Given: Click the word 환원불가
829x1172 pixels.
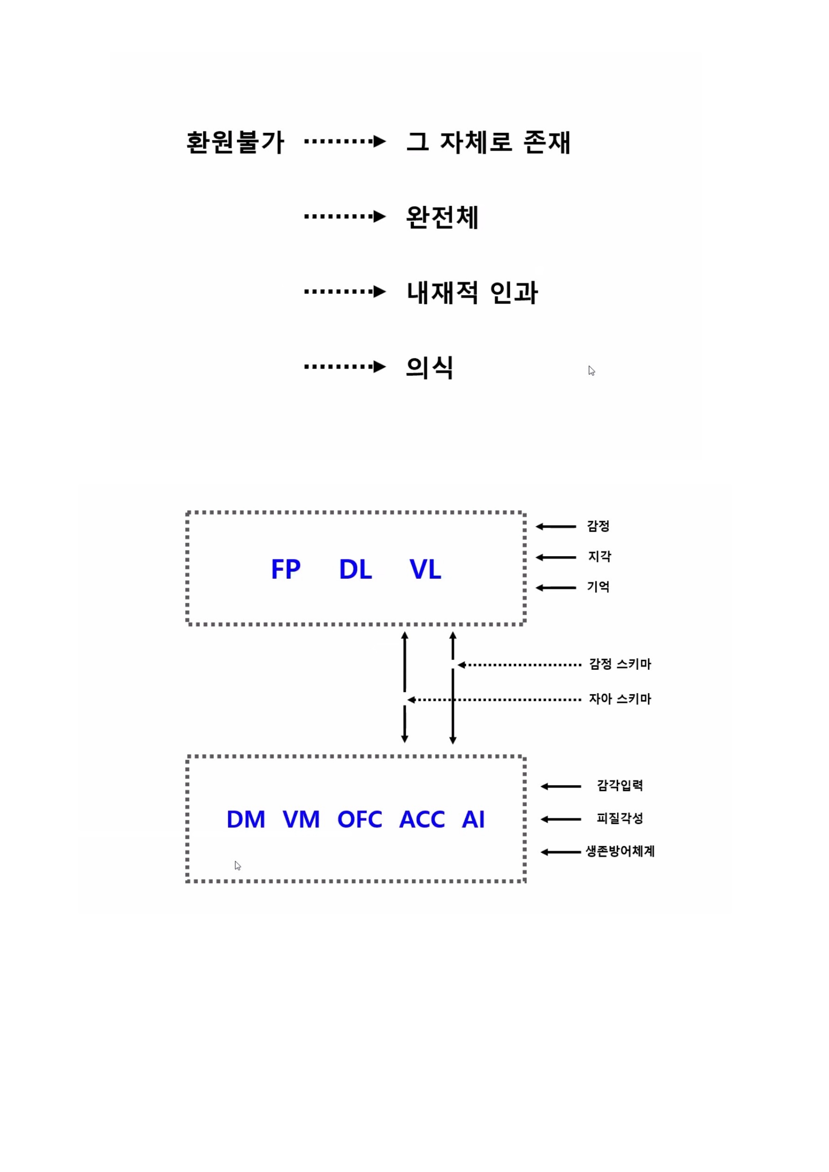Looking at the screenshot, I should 235,142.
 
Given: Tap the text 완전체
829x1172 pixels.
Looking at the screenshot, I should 442,218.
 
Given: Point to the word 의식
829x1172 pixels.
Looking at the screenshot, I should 429,368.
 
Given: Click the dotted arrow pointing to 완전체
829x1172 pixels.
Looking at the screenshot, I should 345,216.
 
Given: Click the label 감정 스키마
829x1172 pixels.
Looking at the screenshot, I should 620,664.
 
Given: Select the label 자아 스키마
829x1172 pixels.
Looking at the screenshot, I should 620,699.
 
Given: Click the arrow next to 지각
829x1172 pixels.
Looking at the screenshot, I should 556,558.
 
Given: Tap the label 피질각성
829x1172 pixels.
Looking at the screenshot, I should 620,819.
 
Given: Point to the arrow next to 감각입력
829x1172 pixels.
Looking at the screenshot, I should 561,787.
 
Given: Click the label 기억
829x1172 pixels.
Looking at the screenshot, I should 598,587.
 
